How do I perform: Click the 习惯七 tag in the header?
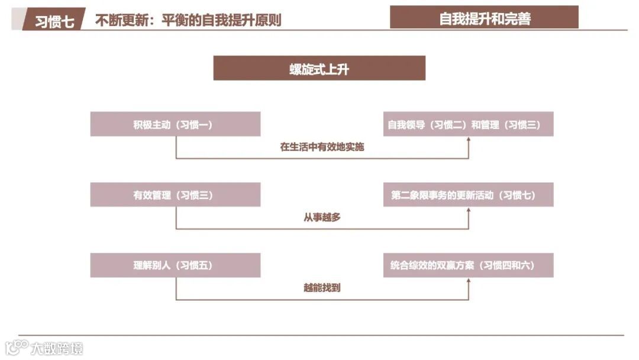tap(54, 21)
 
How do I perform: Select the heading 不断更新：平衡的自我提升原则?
tap(188, 21)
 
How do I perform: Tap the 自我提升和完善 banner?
tap(484, 18)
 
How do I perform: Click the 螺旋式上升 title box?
tap(319, 69)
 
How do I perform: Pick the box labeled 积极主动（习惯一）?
tap(175, 125)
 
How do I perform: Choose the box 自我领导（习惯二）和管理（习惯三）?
tap(468, 125)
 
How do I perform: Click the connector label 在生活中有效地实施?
tap(322, 147)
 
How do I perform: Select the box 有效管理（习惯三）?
tap(175, 195)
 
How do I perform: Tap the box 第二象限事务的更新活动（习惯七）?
tap(468, 195)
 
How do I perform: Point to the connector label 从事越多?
tap(322, 217)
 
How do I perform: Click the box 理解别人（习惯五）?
tap(175, 265)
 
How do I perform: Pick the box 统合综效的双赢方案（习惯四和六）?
tap(468, 265)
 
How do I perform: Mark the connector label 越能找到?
tap(322, 288)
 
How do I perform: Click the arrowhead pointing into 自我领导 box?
tap(469, 140)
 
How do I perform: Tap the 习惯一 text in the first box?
tap(193, 125)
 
